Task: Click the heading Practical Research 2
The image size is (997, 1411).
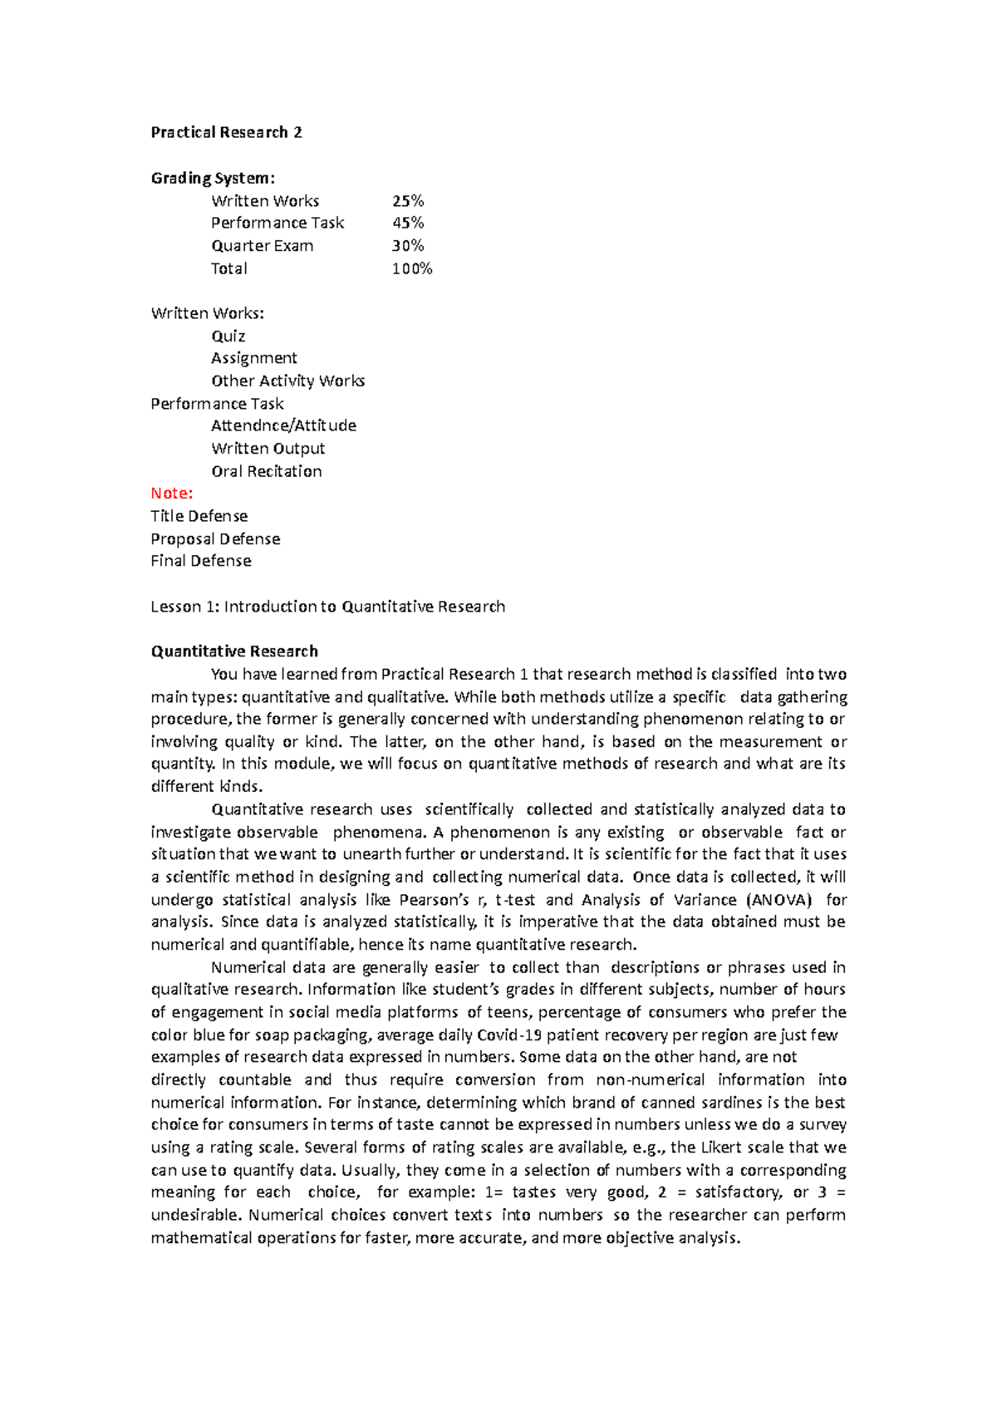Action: (x=226, y=132)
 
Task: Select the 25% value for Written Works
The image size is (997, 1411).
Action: (x=408, y=200)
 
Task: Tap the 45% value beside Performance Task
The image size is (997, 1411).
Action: (x=408, y=223)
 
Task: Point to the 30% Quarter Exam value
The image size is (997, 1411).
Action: (x=408, y=246)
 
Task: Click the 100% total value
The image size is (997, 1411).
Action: (x=412, y=268)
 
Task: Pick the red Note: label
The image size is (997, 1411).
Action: (x=171, y=493)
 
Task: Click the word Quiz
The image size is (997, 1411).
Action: (x=228, y=336)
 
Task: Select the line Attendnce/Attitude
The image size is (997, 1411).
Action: (x=283, y=425)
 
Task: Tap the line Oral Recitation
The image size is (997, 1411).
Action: (x=266, y=471)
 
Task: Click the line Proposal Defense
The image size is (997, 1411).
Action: (x=215, y=538)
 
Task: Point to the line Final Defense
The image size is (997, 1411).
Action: (x=201, y=561)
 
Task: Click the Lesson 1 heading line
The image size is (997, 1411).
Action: (x=327, y=607)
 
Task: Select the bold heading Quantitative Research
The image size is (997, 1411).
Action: (x=234, y=651)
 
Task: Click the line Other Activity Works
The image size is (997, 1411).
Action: (x=287, y=381)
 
